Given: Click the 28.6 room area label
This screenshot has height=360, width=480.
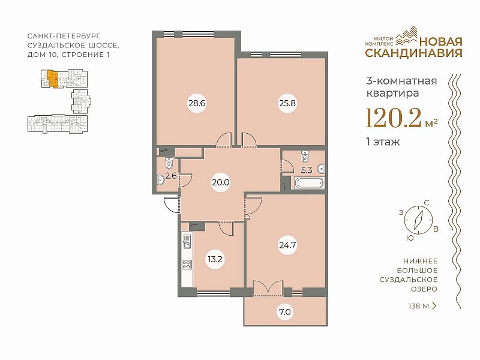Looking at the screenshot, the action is coord(197,103).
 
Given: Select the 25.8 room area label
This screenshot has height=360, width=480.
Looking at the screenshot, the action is coord(287,103).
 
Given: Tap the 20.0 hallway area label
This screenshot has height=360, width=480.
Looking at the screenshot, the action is coord(221,182).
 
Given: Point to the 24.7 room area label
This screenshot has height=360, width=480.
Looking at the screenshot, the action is coord(287,245).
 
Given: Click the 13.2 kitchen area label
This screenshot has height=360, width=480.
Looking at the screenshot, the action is coord(215,259).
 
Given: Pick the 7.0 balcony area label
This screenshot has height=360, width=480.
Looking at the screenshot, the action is coord(284,312).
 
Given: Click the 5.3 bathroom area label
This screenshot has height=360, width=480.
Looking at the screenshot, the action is coord(307,170).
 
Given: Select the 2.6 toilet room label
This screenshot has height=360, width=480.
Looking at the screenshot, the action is coord(171,176).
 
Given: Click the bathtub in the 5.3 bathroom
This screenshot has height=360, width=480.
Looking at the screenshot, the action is coord(309,184).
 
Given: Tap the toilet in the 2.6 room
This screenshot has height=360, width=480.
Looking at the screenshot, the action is coord(169,163).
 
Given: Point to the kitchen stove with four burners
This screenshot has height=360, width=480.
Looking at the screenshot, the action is coord(187,264).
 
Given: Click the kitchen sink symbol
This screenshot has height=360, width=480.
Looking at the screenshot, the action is coord(187,242).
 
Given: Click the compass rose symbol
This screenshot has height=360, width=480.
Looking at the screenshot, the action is coord(418,220).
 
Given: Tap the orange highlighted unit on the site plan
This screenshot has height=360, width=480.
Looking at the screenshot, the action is coord(53,79).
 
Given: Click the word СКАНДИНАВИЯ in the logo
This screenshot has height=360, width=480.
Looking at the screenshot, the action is coord(414,53).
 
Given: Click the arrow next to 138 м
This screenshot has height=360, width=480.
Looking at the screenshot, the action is coord(434,306).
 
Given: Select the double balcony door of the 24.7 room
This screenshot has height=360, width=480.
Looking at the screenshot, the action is coord(268,288).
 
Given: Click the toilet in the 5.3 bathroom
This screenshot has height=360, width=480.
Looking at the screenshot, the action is coord(305,157).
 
